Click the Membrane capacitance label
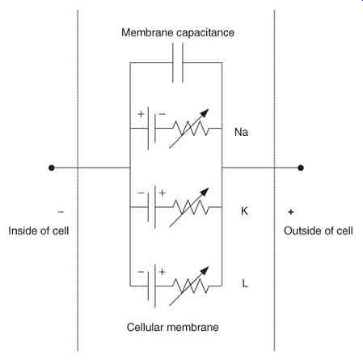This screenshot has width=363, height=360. (178, 32)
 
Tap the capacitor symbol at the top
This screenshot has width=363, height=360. (178, 63)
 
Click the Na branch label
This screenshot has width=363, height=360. (241, 132)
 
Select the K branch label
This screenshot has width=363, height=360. (244, 211)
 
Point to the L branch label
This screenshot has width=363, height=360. (245, 283)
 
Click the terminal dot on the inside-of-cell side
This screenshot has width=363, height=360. (52, 168)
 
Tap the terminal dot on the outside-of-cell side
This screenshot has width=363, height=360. (301, 168)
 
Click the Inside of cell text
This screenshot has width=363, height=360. (39, 231)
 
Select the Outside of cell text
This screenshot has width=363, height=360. (319, 231)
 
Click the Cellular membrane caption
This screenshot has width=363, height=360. (173, 327)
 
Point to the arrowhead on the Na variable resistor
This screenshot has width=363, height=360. (205, 112)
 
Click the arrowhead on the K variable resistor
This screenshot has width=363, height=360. (205, 192)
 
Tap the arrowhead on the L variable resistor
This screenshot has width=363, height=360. (205, 270)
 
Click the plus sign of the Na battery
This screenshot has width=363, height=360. (141, 114)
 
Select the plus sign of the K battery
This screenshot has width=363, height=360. (162, 193)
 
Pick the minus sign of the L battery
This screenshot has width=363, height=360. (141, 272)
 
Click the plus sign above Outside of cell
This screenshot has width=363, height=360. (291, 212)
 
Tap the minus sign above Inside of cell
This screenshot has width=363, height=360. (61, 212)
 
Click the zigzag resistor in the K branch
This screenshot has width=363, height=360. (191, 207)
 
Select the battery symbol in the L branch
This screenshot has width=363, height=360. (151, 286)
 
